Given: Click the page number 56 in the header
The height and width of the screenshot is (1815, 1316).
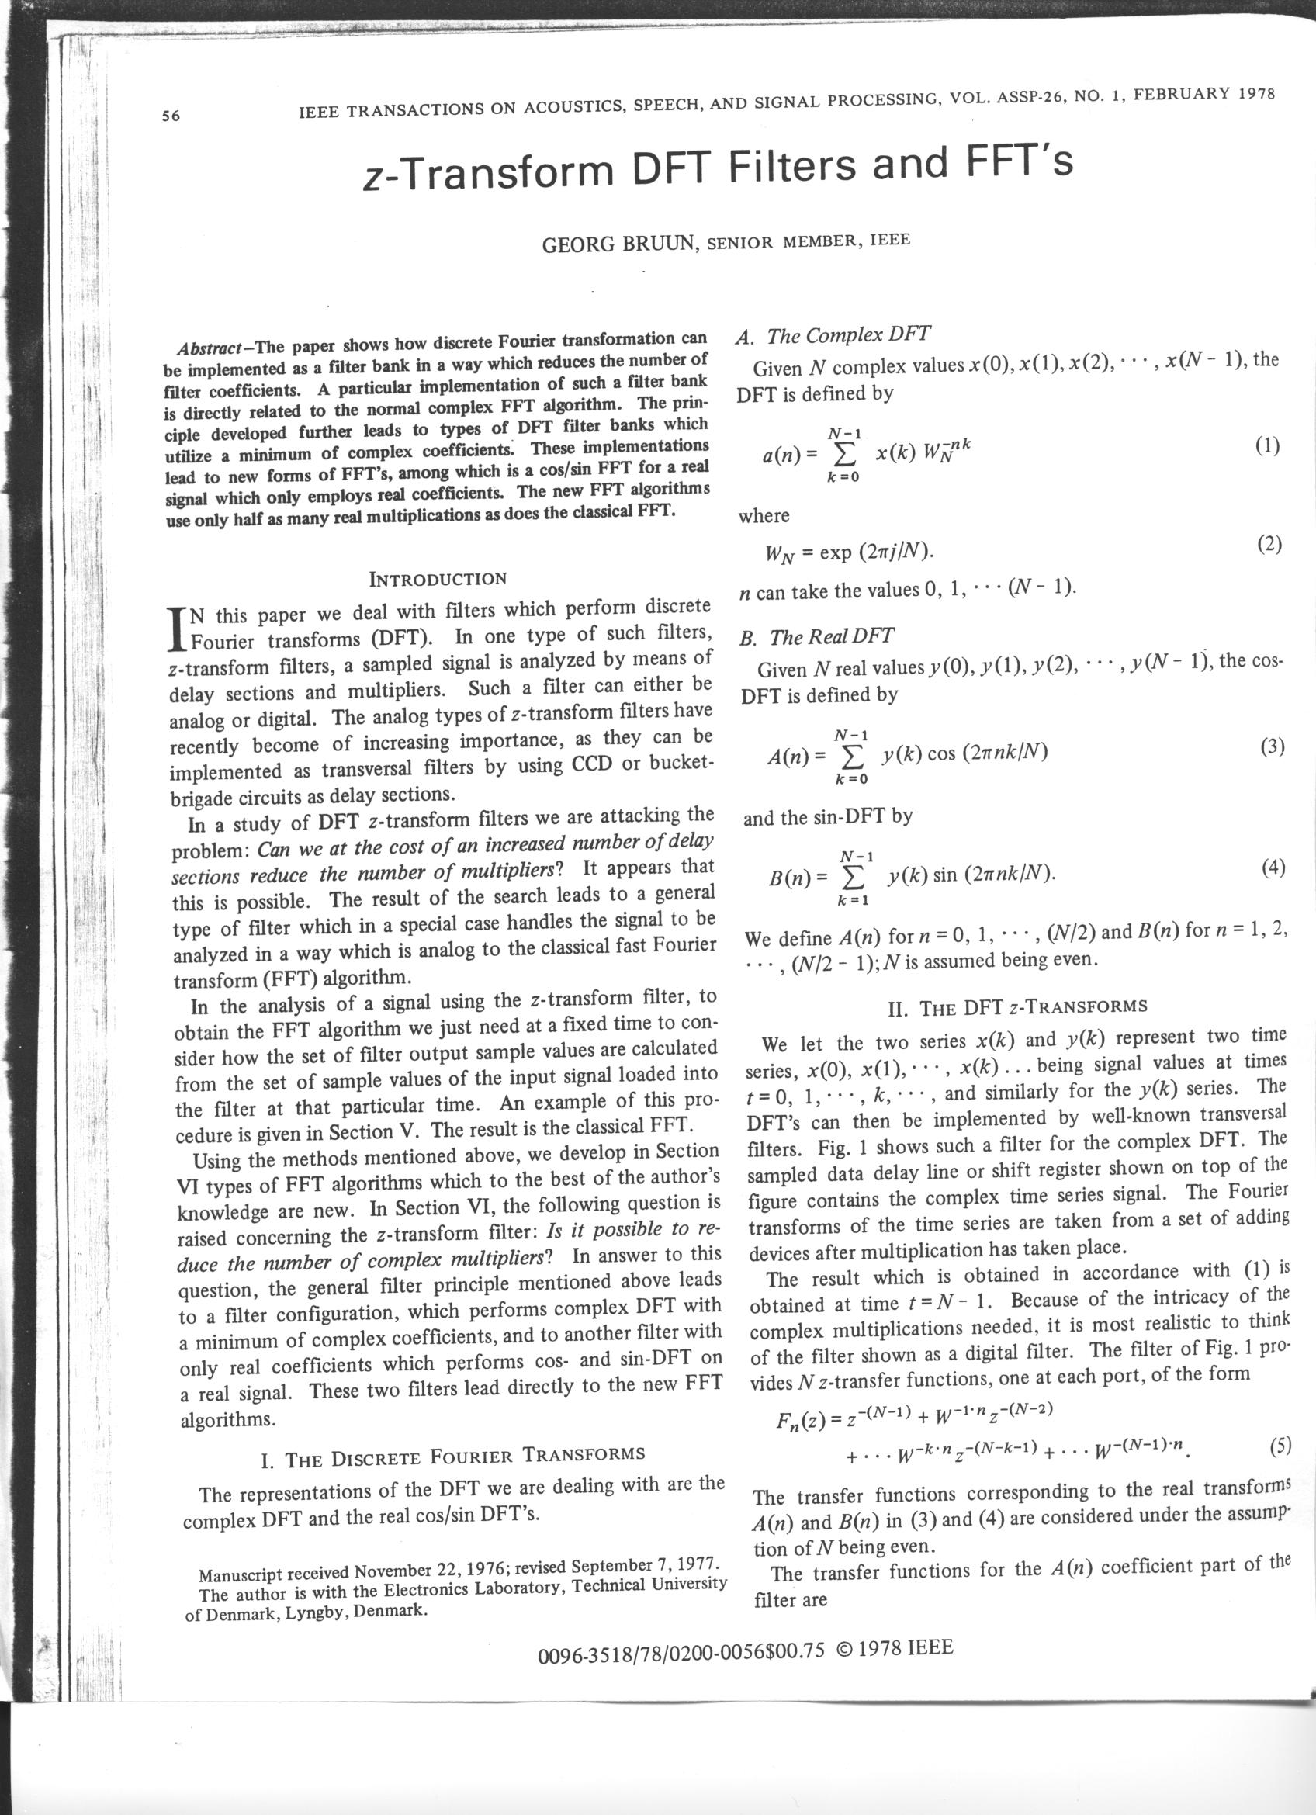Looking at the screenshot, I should (171, 116).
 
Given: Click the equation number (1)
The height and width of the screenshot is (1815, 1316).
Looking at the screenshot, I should (1267, 445).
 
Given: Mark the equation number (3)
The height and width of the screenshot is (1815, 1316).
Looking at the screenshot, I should (1272, 746).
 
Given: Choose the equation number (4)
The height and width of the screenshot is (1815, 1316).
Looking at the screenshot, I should (1273, 868).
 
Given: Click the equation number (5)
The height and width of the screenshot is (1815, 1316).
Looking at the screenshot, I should (1280, 1447).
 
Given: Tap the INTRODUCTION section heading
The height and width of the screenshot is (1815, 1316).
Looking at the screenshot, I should (438, 579).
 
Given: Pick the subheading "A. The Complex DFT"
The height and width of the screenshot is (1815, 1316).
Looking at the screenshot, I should (832, 335).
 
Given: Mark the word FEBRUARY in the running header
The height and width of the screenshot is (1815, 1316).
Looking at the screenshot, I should (1189, 95).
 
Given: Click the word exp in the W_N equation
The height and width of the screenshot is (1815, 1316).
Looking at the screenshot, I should (835, 553).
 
